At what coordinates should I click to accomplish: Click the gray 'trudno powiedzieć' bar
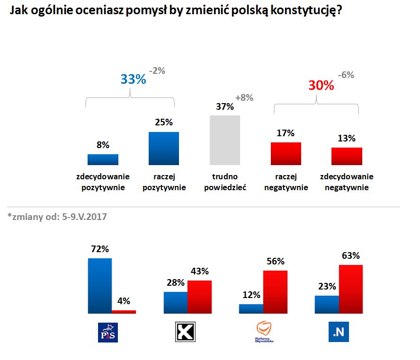225,140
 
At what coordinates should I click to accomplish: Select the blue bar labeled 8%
103,159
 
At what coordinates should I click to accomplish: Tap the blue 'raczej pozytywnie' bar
164,149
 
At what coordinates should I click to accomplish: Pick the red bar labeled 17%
286,153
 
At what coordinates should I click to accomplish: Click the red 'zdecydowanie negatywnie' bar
347,156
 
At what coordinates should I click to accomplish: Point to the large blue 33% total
133,79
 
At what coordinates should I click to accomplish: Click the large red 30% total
321,86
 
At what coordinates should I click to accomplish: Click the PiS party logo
106,332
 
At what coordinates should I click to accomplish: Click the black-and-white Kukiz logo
186,332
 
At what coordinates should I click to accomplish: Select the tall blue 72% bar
100,286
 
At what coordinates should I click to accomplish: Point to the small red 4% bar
124,312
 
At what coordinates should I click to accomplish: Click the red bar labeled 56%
275,292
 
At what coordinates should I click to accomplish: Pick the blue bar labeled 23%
327,304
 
